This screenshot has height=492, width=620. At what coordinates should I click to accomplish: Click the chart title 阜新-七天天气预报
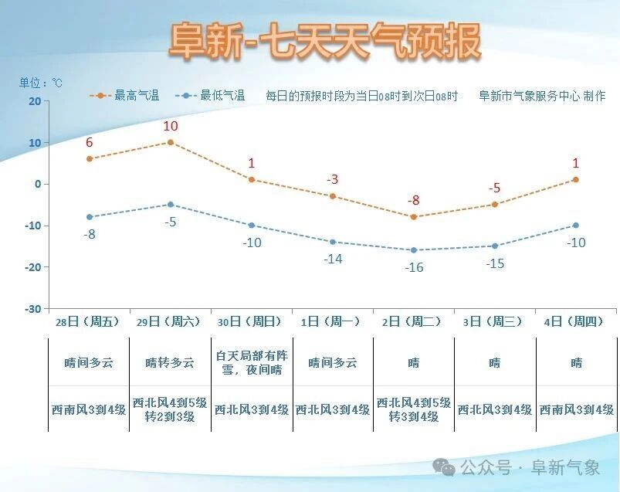coord(324,40)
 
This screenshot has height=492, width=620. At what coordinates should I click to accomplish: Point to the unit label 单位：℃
coord(41,83)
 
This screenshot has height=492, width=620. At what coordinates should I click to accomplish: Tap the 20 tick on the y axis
coord(34,101)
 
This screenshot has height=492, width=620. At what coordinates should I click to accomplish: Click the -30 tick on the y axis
coord(32,309)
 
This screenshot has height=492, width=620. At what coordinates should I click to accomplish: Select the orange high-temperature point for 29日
coord(171,142)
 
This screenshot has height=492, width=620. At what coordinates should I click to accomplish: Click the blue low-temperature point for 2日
coord(414,250)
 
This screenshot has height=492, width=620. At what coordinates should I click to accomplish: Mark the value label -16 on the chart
coord(414,267)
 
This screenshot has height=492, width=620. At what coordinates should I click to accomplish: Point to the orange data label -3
coord(333,179)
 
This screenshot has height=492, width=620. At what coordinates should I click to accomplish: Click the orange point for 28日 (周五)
coord(90,158)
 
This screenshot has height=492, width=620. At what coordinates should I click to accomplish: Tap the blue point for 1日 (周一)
coord(333,242)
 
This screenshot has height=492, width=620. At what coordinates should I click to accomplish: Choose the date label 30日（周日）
coord(252,322)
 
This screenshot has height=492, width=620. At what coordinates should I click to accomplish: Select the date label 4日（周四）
coord(576,322)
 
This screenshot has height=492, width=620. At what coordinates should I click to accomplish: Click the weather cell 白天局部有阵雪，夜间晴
coord(252,362)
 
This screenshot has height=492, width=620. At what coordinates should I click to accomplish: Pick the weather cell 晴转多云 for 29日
coord(171,362)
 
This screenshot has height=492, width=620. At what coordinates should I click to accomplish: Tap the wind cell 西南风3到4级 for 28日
coord(89,409)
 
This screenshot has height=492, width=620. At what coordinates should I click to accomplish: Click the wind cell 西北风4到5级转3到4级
coord(414,409)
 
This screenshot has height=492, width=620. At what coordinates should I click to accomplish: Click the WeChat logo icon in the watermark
coord(443,467)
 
